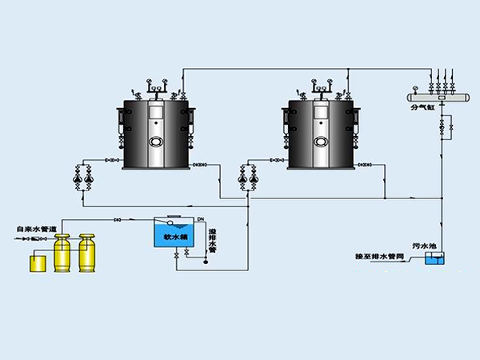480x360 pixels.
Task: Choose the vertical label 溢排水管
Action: (x=213, y=238)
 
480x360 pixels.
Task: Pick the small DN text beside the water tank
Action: (x=201, y=218)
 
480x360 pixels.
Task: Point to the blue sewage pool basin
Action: (x=434, y=259)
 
